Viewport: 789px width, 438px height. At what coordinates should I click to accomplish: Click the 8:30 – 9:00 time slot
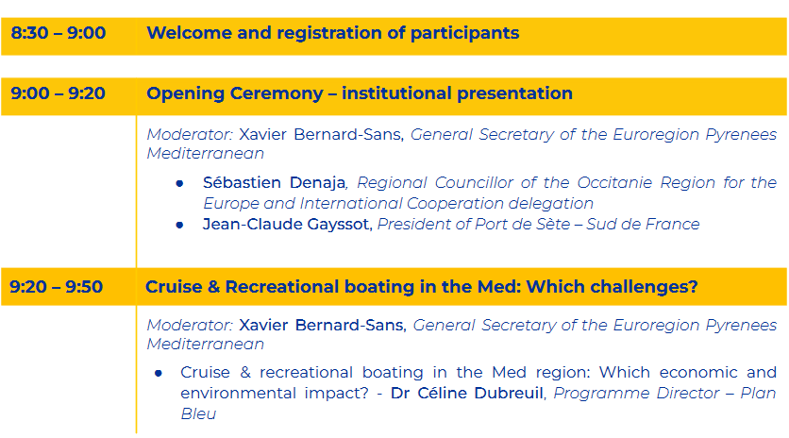[x=59, y=33]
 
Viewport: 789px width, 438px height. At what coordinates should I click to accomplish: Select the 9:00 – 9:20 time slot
[x=58, y=93]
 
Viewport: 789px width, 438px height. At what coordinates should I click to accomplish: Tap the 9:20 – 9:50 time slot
[x=57, y=287]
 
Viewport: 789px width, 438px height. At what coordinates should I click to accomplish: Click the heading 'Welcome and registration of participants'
[x=332, y=33]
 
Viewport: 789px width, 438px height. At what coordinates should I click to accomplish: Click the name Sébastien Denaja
[x=275, y=182]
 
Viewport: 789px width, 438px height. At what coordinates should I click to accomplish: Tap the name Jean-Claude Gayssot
[x=286, y=224]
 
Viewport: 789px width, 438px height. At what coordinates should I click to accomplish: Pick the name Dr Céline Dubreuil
[x=467, y=394]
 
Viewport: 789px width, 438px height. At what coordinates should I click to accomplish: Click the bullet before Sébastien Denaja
[x=179, y=184]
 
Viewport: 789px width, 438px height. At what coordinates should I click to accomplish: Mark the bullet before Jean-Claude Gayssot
[x=179, y=225]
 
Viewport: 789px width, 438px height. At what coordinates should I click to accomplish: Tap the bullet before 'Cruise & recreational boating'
[x=159, y=373]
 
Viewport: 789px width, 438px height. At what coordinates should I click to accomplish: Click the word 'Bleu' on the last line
[x=198, y=413]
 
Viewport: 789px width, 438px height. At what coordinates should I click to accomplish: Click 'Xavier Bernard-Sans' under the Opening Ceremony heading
[x=320, y=134]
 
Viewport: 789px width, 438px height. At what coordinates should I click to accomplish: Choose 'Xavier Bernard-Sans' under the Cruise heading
[x=322, y=326]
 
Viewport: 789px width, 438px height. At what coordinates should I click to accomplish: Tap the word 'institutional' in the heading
[x=395, y=93]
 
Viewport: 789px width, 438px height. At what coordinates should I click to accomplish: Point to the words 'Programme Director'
[x=636, y=394]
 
